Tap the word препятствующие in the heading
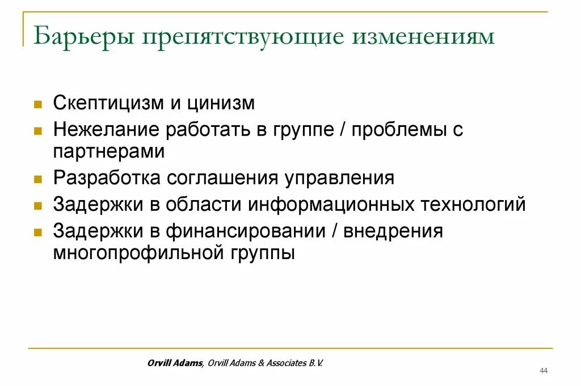(242, 37)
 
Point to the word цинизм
(223, 103)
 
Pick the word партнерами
(109, 151)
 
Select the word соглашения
(222, 177)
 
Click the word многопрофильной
(134, 252)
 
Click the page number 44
(544, 370)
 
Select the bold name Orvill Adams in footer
(174, 363)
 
